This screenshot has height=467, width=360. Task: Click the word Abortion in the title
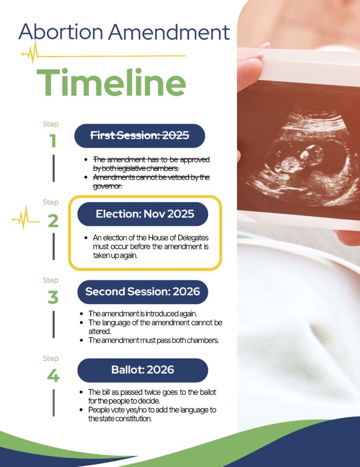point(61,32)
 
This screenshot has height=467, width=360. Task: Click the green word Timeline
point(111,82)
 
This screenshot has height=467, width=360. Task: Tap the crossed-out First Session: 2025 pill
point(140,136)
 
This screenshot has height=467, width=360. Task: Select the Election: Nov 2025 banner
point(143,214)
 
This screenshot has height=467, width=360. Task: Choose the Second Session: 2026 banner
point(143,292)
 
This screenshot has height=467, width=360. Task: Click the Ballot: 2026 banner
point(143,370)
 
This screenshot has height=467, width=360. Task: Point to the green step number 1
point(53,140)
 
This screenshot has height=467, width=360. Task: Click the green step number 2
point(53,221)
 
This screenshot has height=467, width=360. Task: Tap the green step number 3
point(53,297)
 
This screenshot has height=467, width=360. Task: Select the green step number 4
point(53,376)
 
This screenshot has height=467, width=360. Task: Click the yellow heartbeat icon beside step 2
point(26,218)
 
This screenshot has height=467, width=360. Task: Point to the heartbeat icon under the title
point(31,53)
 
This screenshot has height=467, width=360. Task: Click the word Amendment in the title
point(169,32)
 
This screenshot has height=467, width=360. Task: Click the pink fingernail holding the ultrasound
point(264,45)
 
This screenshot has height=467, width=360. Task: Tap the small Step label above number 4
point(51,358)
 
